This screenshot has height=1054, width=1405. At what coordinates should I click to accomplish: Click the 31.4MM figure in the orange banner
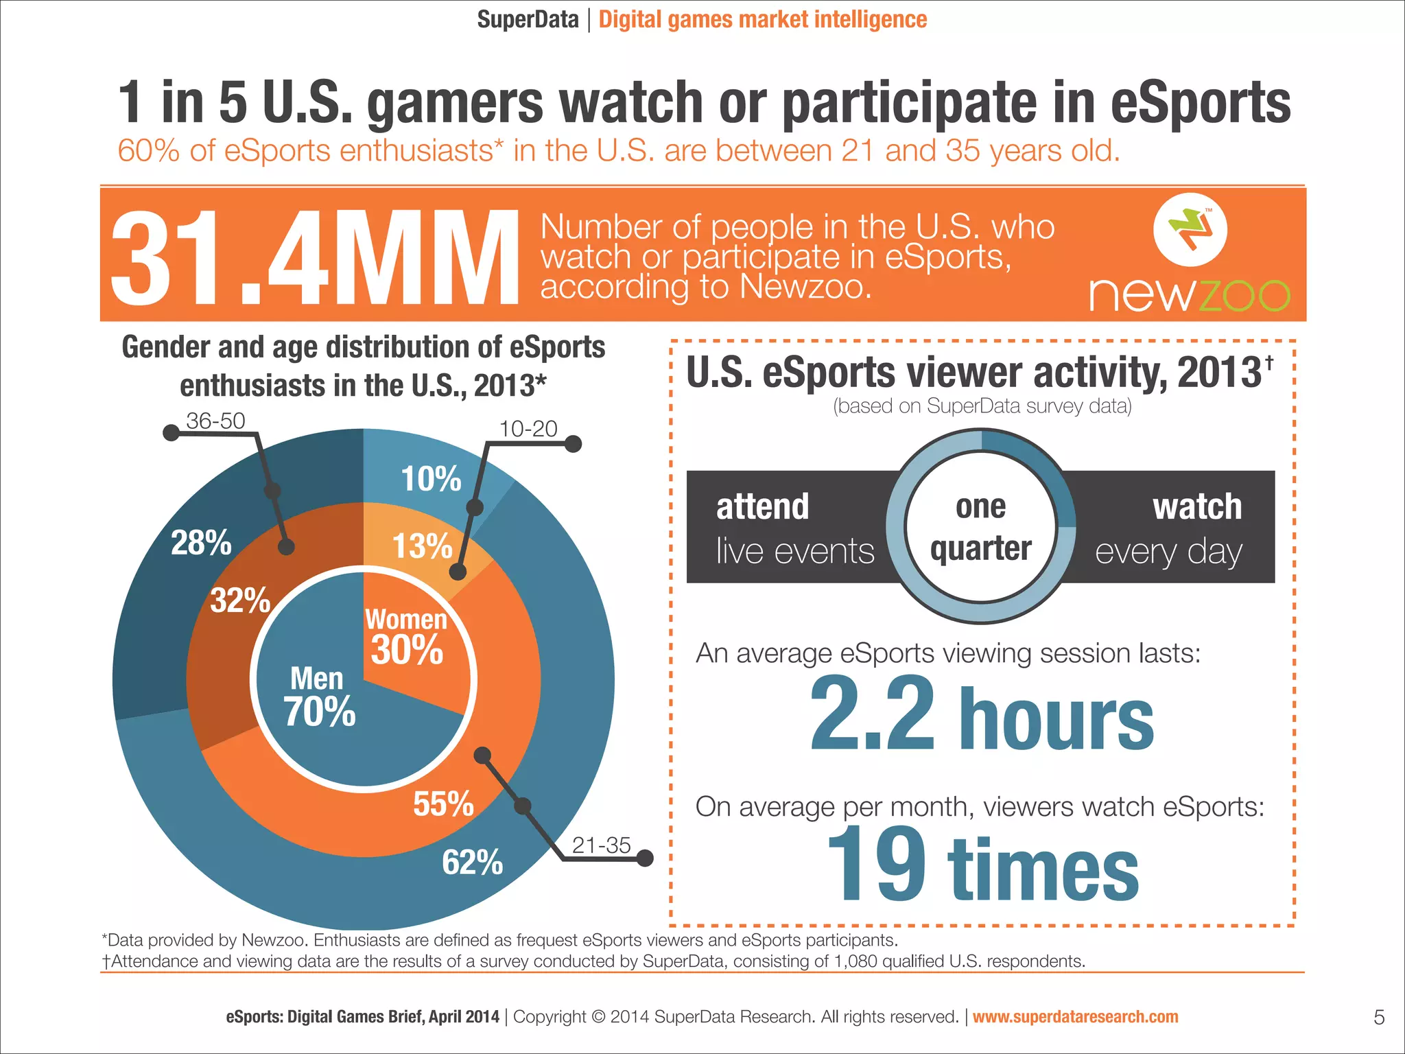click(x=314, y=258)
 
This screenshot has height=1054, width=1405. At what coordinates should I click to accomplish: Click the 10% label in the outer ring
click(x=431, y=479)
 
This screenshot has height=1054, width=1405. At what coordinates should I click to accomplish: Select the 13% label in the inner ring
click(x=422, y=546)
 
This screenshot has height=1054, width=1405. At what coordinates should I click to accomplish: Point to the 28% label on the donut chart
click(x=201, y=543)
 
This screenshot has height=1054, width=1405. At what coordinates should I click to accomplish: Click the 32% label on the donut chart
click(x=240, y=600)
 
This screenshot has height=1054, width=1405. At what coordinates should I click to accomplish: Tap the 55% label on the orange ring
click(x=443, y=804)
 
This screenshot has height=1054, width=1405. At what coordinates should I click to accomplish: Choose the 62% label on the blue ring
click(x=472, y=863)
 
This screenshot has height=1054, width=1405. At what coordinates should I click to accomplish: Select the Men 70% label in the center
click(x=319, y=697)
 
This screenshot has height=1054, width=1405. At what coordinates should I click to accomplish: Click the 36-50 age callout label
click(x=215, y=421)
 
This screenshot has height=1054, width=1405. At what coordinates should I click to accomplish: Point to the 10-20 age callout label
click(x=528, y=429)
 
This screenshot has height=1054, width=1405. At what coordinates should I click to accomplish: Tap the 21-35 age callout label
click(x=601, y=845)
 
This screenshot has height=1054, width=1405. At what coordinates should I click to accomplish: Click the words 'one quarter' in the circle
click(x=980, y=527)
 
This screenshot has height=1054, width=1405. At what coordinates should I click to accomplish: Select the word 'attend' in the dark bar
click(x=762, y=507)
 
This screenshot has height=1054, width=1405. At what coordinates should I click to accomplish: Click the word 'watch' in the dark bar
click(x=1197, y=507)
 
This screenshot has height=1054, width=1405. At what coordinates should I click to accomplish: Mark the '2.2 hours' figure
click(x=982, y=716)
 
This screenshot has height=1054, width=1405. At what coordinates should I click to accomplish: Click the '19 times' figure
click(x=982, y=866)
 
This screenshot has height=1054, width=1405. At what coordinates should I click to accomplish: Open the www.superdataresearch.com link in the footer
click(x=1075, y=1017)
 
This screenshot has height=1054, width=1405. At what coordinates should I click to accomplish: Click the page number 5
click(x=1379, y=1018)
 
